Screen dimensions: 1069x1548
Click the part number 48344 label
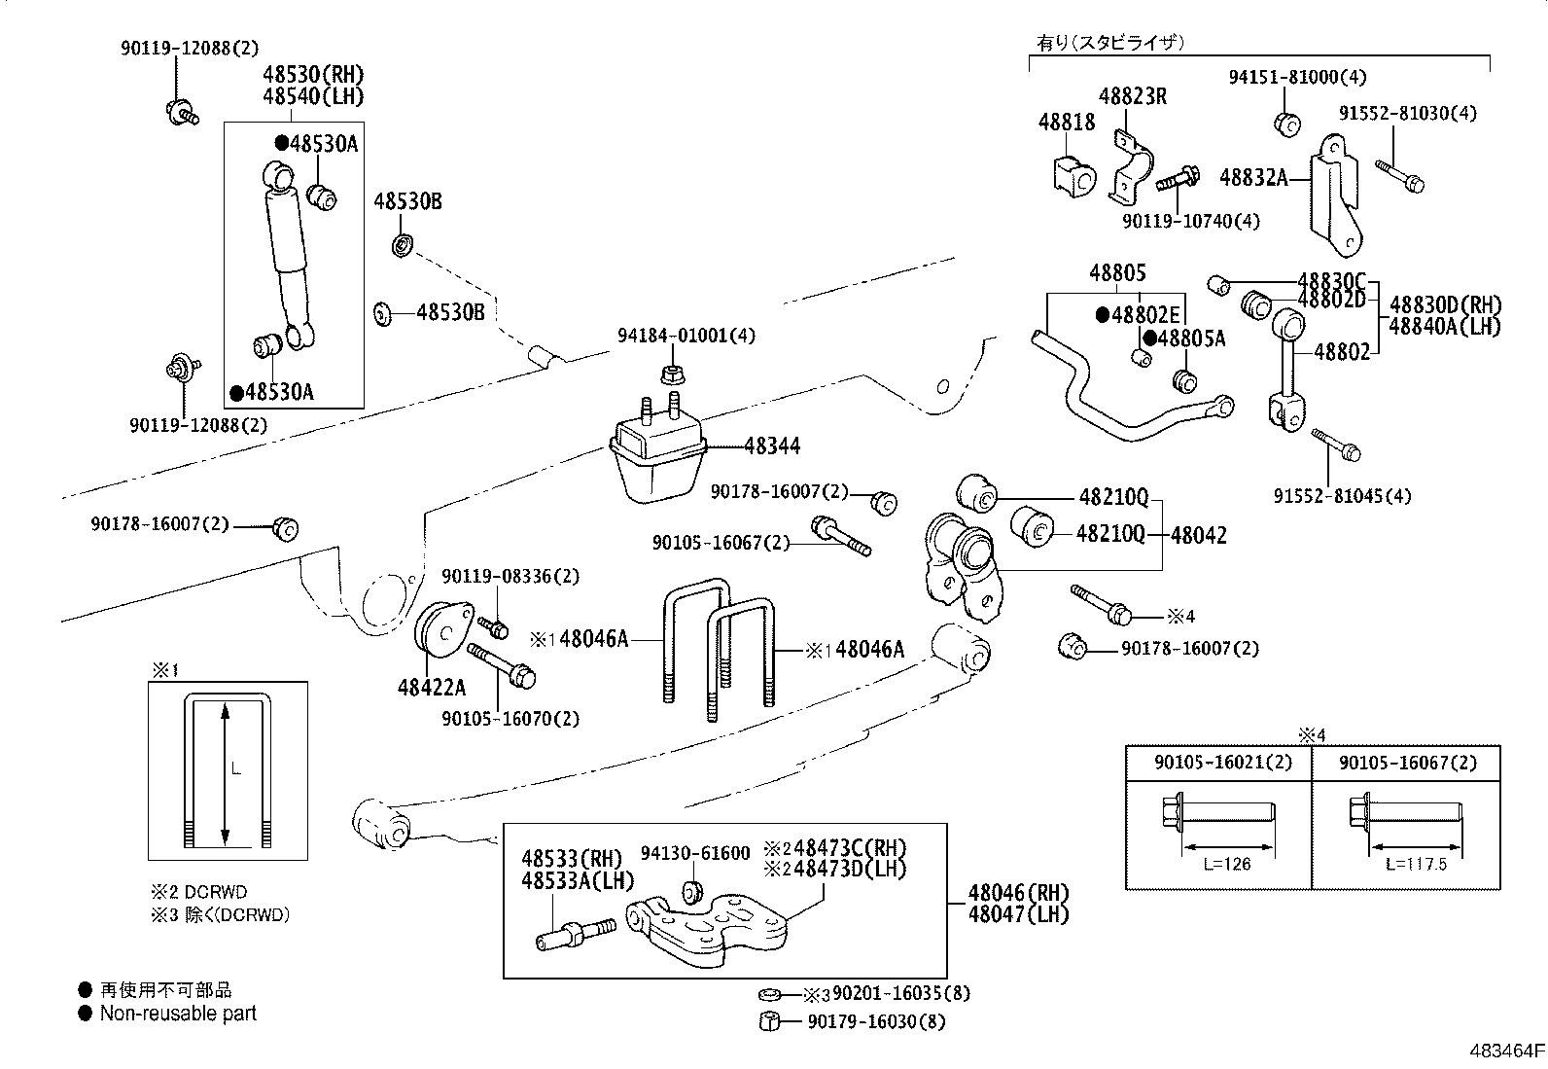772,446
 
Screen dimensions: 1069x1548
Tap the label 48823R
1132,96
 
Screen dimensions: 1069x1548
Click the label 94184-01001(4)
686,336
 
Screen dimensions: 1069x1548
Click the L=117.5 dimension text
1416,864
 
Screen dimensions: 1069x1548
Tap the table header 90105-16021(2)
1222,763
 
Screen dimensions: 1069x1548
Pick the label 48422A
431,688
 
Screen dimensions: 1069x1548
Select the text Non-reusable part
178,1014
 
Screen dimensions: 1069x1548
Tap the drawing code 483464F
1506,1051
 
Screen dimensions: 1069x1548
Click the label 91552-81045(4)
1342,496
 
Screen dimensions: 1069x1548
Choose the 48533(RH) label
571,859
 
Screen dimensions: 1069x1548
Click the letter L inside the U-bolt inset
236,769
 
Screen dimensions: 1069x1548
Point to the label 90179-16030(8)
875,1021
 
